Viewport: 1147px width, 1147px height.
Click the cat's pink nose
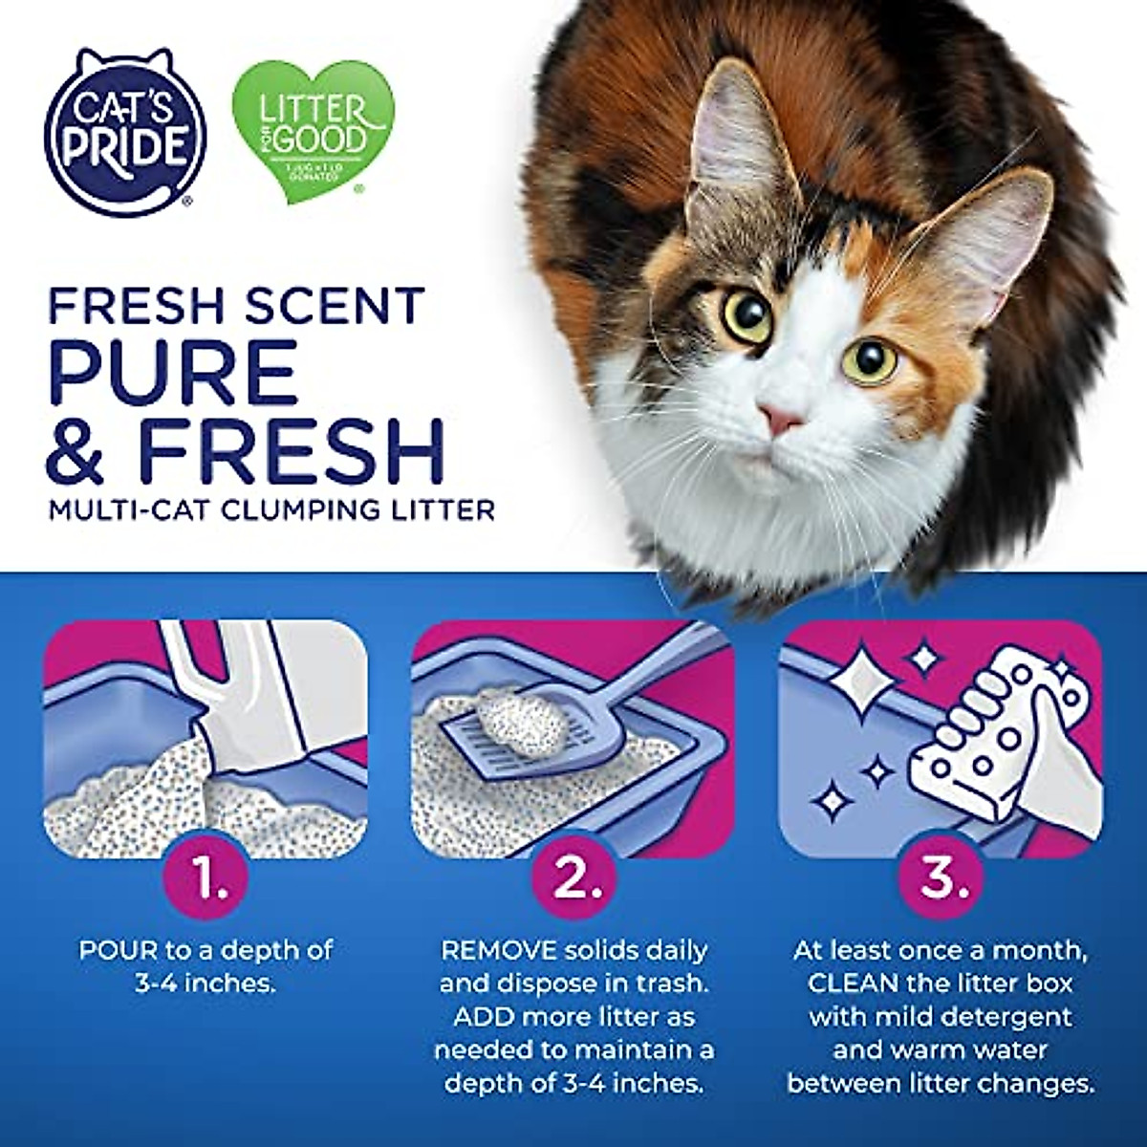coord(782,418)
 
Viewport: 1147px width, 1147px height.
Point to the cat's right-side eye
coord(871,360)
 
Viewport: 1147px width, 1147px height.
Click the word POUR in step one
coord(113,950)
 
